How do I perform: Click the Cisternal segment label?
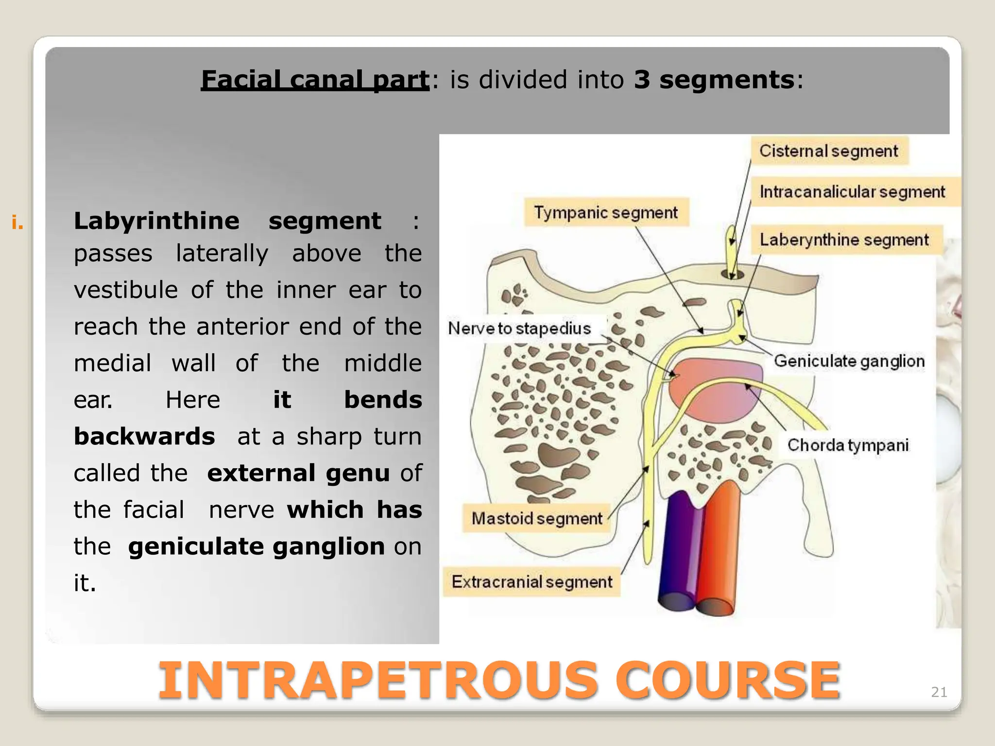click(829, 151)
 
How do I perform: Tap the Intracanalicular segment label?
click(852, 192)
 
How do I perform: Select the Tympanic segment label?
click(606, 213)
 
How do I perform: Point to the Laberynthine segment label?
click(844, 240)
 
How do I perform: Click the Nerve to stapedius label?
click(519, 329)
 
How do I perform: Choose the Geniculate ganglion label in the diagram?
click(849, 361)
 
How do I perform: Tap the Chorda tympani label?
click(848, 445)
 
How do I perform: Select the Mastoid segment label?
click(537, 519)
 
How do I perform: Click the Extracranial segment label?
click(532, 582)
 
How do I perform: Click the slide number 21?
click(939, 692)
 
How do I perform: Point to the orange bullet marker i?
click(17, 223)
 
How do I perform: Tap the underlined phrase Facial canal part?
click(315, 80)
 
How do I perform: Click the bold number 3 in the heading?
click(642, 80)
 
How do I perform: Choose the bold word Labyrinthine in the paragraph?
click(156, 221)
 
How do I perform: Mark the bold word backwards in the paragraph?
click(144, 436)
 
